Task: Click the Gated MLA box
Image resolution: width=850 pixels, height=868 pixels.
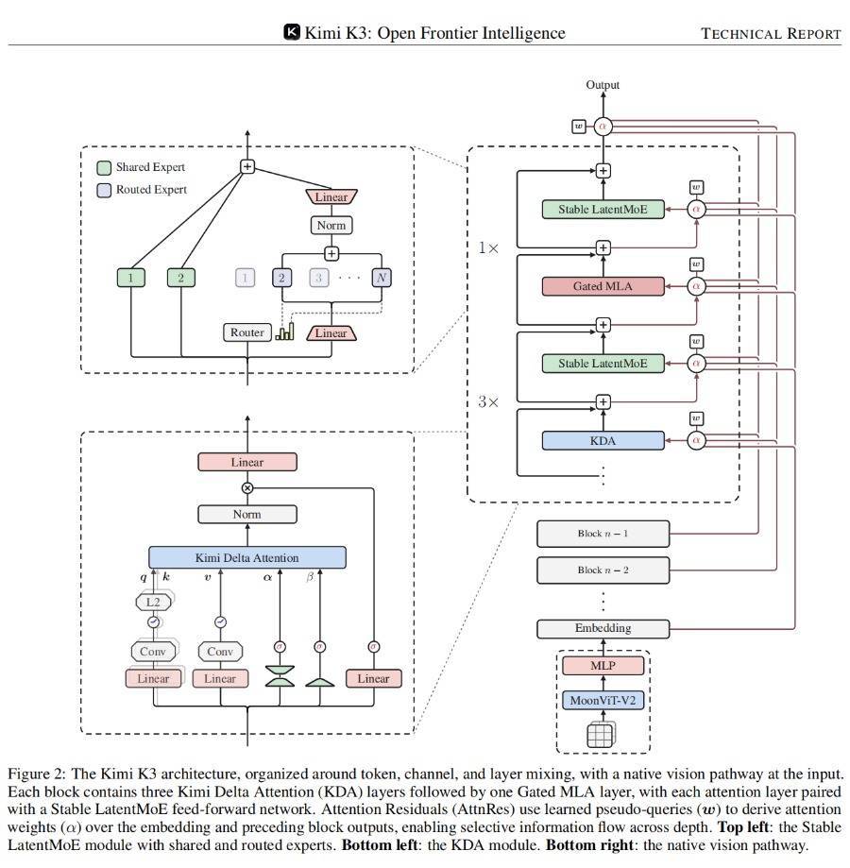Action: [x=603, y=286]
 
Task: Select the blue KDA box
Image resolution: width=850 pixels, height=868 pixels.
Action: [x=603, y=441]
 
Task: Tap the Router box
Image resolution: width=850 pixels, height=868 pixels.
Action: [x=247, y=332]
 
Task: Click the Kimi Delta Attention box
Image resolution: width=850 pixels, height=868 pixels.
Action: [x=247, y=557]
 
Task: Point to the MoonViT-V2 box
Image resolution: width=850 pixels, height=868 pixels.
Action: [x=603, y=700]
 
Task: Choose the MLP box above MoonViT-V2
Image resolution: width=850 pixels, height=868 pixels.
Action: [x=603, y=665]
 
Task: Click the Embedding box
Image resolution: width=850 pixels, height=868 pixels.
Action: [x=603, y=628]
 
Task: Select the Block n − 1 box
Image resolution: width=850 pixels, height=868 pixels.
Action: [x=603, y=534]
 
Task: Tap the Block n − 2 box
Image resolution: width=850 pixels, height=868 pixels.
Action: [x=603, y=570]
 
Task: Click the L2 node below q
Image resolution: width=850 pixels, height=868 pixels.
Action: [x=153, y=603]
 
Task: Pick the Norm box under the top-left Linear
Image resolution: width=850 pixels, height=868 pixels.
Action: [x=331, y=226]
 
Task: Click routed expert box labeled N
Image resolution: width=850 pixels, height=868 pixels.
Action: [x=382, y=278]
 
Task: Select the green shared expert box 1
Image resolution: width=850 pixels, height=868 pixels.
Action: [x=130, y=278]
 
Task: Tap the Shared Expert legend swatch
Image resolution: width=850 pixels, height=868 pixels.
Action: [x=104, y=168]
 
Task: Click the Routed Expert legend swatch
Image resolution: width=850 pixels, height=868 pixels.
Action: [x=104, y=191]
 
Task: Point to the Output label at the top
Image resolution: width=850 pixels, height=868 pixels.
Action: [x=603, y=85]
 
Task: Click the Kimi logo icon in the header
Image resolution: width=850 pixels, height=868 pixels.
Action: [x=292, y=32]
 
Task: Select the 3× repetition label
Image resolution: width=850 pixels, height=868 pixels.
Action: [x=488, y=401]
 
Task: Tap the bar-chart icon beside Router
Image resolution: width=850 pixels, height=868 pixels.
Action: [x=285, y=332]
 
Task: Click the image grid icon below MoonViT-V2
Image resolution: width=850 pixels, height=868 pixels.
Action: [x=601, y=735]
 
